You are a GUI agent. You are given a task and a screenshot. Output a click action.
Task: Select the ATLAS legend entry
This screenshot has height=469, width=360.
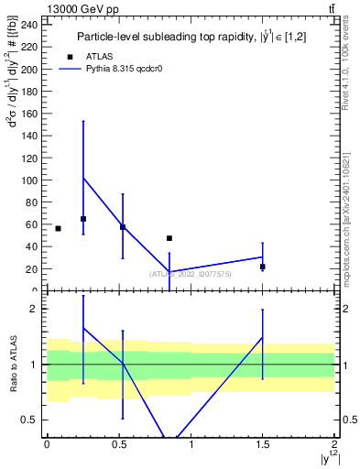[83, 56]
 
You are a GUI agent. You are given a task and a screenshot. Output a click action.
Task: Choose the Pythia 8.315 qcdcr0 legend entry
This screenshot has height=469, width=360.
[118, 69]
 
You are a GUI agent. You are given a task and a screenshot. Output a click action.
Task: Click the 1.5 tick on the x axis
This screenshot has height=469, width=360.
[263, 444]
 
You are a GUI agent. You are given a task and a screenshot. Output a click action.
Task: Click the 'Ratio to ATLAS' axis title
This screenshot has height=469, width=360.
[14, 364]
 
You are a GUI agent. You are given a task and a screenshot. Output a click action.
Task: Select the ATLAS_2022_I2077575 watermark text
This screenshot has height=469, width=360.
[191, 273]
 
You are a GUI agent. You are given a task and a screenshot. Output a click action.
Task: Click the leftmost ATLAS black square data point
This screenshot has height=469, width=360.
[58, 228]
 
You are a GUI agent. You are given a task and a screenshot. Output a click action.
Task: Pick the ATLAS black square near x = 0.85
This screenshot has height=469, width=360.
[169, 238]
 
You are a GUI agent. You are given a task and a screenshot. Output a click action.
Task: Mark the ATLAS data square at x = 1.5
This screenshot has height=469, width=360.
[263, 267]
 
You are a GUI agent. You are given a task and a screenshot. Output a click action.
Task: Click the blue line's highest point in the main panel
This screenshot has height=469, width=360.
[83, 177]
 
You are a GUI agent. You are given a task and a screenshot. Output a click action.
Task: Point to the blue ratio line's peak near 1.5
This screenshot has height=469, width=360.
[263, 337]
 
